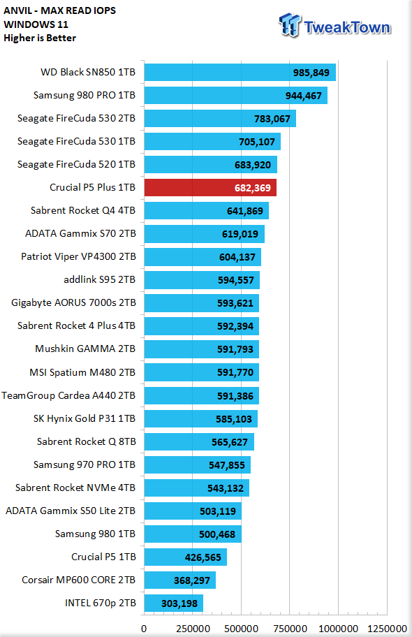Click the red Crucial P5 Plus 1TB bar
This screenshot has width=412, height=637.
pos(210,188)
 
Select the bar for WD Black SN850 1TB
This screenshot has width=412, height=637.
pos(240,73)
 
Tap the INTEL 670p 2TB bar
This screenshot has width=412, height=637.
pos(173,603)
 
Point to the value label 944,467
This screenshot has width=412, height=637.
pos(304,96)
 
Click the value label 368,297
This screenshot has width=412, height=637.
pos(192,580)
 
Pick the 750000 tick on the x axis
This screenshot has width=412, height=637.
pos(290,629)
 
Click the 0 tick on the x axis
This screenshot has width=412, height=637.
pos(144,629)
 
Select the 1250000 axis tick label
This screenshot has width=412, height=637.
pos(387,629)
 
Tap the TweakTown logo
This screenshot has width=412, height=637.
pos(334,26)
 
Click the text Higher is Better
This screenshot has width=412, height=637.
pos(40,38)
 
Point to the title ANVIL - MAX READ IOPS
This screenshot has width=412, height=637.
pos(60,10)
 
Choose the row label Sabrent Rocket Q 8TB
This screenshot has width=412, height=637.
pos(86,441)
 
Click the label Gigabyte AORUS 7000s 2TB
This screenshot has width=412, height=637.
pos(73,302)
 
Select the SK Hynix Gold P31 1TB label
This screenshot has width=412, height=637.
pos(84,418)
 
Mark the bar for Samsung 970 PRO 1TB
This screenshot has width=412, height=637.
pos(198,464)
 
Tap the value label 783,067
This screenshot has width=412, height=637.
pos(272,119)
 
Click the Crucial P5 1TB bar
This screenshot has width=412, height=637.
pos(186,557)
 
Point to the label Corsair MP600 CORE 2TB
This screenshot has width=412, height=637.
pos(79,580)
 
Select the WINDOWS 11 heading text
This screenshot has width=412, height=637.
pos(36,24)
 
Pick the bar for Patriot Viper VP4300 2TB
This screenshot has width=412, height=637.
pos(203,257)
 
